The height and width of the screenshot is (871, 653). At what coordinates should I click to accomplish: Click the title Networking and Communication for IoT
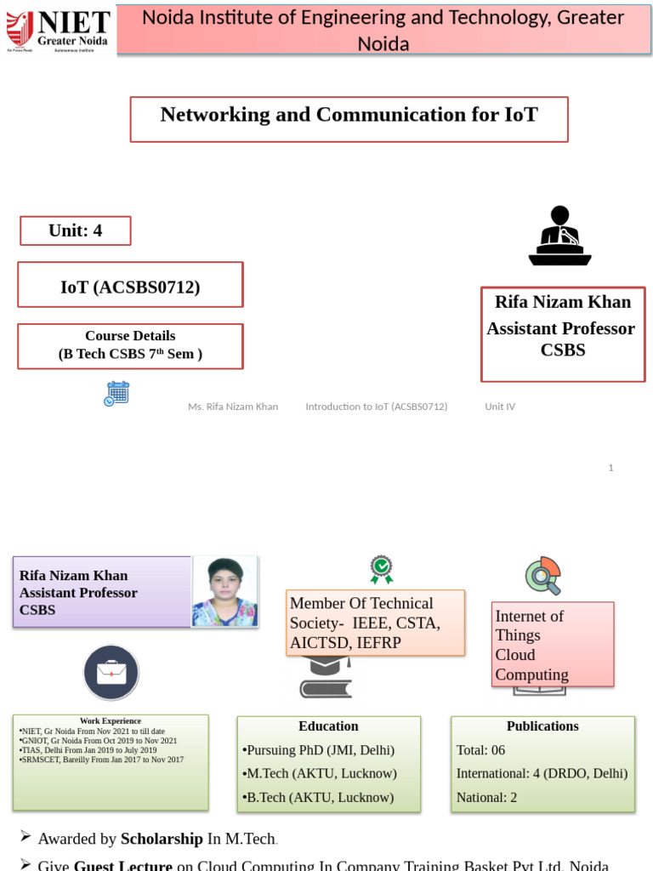(349, 115)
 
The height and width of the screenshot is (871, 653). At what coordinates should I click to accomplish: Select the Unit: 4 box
(76, 231)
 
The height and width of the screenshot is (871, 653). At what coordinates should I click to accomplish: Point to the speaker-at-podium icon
(559, 236)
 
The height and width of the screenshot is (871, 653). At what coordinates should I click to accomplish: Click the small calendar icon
(116, 394)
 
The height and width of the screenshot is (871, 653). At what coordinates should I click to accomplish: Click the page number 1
(610, 468)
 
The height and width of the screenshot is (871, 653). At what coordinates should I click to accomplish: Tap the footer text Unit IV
(500, 407)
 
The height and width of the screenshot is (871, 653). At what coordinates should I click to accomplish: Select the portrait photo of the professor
(224, 592)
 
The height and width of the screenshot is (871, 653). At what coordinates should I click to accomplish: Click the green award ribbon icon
(381, 569)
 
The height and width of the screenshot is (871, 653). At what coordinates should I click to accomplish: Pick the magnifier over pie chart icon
(543, 576)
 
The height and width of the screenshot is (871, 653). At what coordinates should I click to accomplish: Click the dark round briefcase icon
(111, 672)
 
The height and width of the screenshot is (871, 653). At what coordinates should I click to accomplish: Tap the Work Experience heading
(111, 721)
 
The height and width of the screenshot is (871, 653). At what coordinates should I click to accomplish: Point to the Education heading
(328, 726)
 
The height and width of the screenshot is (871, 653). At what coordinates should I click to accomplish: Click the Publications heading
(542, 726)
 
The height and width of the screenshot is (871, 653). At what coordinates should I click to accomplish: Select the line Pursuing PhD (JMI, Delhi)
(320, 750)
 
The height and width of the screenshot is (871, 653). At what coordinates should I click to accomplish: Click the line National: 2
(486, 798)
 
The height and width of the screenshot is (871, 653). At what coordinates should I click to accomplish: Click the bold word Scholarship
(162, 839)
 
